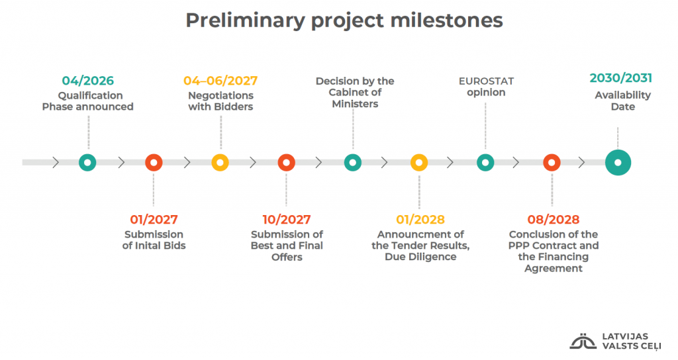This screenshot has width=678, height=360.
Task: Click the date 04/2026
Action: click(88, 81)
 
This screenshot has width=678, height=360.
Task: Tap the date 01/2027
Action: click(154, 220)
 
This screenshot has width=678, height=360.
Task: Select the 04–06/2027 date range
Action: click(220, 81)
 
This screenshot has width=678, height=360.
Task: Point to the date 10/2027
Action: click(287, 220)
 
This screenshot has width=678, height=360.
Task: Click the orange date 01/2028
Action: click(420, 220)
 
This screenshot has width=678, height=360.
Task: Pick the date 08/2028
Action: click(554, 220)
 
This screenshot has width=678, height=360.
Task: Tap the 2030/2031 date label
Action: click(621, 78)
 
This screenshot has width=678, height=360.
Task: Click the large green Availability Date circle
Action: click(618, 163)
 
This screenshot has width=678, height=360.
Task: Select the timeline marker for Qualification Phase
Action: click(87, 163)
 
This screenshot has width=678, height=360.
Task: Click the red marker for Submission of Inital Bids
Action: click(154, 163)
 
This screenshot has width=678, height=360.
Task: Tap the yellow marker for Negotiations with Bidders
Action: click(220, 163)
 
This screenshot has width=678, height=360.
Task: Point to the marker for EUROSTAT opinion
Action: click(485, 163)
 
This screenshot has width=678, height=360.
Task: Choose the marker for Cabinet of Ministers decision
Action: click(353, 163)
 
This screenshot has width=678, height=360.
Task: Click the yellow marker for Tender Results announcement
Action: click(419, 163)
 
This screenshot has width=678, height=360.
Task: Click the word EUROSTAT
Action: click(487, 81)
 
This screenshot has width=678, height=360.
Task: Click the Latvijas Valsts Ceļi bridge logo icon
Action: click(583, 341)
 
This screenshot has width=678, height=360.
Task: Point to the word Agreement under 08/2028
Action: click(554, 269)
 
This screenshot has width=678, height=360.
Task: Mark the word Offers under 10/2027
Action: click(287, 257)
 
